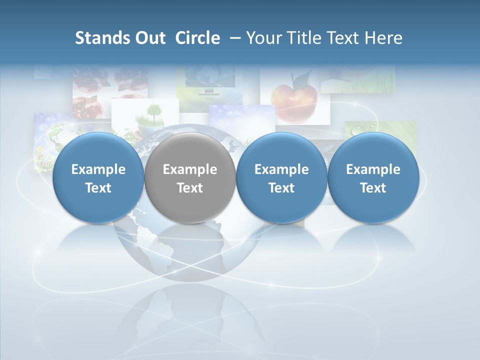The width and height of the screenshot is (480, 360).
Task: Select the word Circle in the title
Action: click(x=197, y=38)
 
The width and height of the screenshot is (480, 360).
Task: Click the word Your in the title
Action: click(x=263, y=38)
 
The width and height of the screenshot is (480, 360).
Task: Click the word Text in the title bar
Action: click(x=344, y=38)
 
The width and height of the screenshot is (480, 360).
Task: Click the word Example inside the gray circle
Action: click(x=189, y=169)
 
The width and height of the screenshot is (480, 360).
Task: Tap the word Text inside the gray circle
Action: click(x=189, y=188)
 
